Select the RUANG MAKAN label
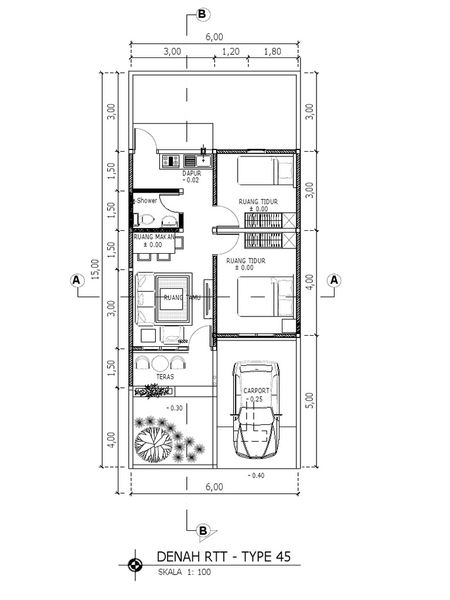(x=154, y=237)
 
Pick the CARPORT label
(x=256, y=390)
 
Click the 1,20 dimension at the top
(x=231, y=52)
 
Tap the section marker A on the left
(x=75, y=280)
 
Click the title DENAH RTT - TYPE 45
(x=224, y=556)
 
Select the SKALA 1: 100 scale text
(x=184, y=572)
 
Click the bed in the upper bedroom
(x=265, y=171)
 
